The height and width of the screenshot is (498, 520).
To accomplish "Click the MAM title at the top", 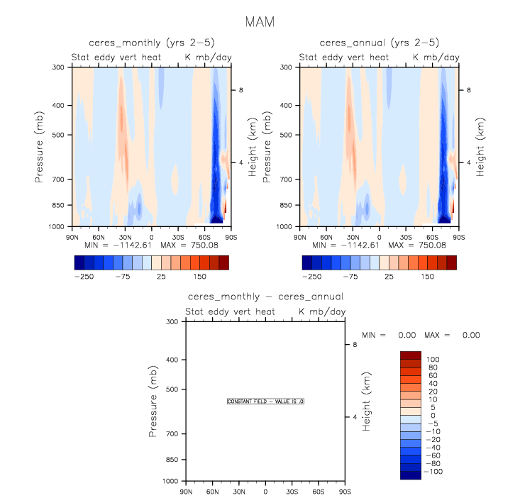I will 259,22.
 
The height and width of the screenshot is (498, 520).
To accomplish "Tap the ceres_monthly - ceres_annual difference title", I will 265,297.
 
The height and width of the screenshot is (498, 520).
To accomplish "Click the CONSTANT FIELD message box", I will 265,402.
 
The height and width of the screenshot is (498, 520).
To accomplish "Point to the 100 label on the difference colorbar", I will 432,359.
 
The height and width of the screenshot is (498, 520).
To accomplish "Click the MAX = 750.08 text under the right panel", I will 428,244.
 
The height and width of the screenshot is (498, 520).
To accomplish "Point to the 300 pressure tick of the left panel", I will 59,67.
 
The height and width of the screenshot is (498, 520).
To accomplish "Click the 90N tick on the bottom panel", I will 187,492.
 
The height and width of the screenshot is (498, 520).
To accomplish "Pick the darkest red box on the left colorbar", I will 224,262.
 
